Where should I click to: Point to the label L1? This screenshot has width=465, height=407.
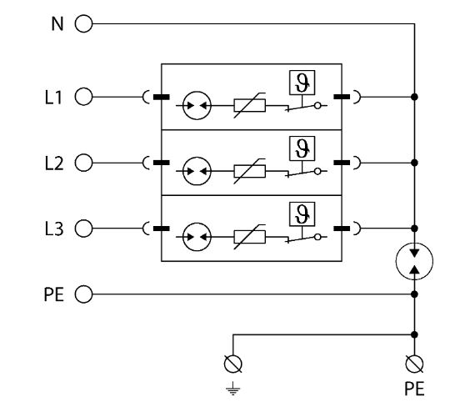pyautogui.click(x=53, y=98)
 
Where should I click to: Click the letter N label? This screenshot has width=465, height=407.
pyautogui.click(x=57, y=23)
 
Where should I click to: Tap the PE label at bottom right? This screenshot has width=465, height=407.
pyautogui.click(x=414, y=389)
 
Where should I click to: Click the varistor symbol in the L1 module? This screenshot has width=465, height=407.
pyautogui.click(x=250, y=105)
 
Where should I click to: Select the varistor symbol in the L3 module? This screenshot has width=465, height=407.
pyautogui.click(x=250, y=237)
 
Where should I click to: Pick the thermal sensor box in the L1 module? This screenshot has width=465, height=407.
pyautogui.click(x=302, y=83)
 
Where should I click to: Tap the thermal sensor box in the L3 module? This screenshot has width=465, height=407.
pyautogui.click(x=302, y=214)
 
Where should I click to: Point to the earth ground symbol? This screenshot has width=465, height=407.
pyautogui.click(x=232, y=389)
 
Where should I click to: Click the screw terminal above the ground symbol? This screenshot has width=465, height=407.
pyautogui.click(x=232, y=364)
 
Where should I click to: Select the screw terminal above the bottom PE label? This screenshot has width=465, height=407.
pyautogui.click(x=414, y=364)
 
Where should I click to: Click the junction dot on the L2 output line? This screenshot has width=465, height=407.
pyautogui.click(x=415, y=163)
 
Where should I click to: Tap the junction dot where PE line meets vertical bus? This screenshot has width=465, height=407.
pyautogui.click(x=415, y=294)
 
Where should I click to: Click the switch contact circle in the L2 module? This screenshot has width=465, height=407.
pyautogui.click(x=317, y=171)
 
